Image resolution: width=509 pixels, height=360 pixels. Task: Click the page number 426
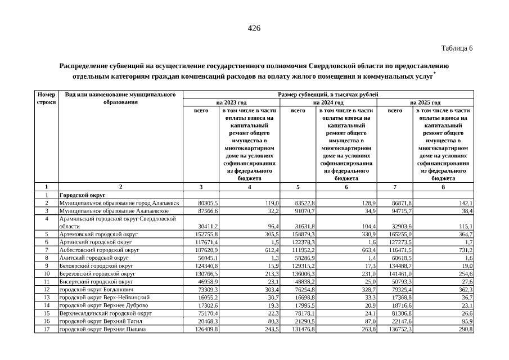point(254,29)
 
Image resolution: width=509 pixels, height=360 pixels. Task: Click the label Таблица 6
point(457,48)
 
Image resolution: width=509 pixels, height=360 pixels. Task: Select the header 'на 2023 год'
point(232,103)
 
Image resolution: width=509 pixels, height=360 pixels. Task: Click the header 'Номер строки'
point(46,98)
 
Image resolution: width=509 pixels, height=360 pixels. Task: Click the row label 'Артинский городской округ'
point(96,241)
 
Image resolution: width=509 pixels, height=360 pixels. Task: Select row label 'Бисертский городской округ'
point(96,281)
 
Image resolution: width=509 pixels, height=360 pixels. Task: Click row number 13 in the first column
point(46,296)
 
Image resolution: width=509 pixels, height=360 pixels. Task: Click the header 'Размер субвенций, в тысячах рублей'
point(328,94)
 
